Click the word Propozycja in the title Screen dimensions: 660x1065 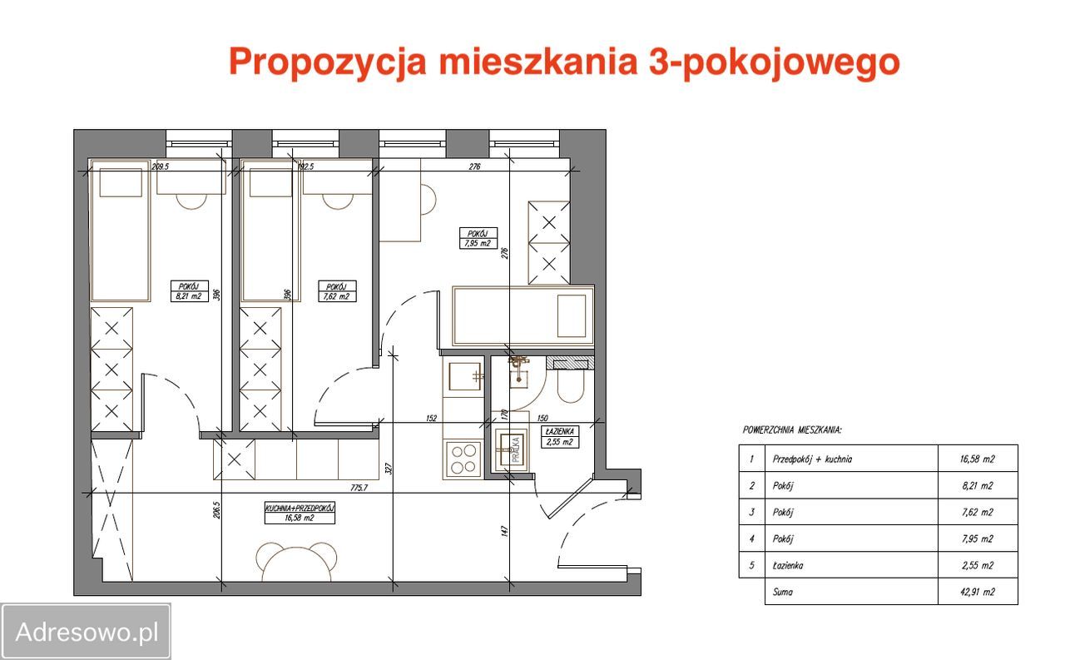326,63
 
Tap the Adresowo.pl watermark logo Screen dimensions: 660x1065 87,632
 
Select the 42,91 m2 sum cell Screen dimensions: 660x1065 977,593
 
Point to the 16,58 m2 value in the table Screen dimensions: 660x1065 977,459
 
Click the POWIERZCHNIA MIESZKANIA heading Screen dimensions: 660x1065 791,430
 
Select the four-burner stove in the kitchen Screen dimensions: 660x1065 463,458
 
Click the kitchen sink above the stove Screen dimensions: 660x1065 465,376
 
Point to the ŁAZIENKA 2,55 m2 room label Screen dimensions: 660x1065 557,437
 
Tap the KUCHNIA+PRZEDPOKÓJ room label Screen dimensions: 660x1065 299,512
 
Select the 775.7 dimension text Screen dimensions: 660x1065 359,488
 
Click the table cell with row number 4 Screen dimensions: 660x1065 751,538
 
